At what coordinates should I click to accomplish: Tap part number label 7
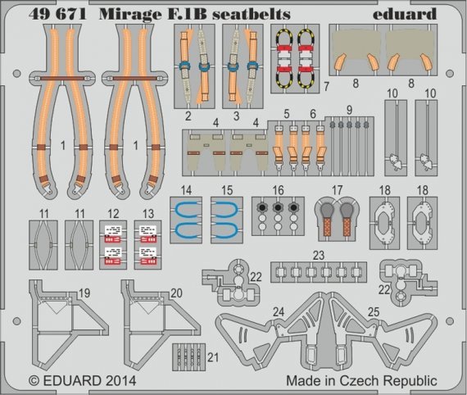(x=326, y=84)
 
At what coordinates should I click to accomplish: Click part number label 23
(x=319, y=253)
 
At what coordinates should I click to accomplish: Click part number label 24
(x=279, y=312)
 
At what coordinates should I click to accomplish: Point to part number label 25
(x=373, y=312)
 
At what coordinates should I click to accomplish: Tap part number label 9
(x=348, y=111)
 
